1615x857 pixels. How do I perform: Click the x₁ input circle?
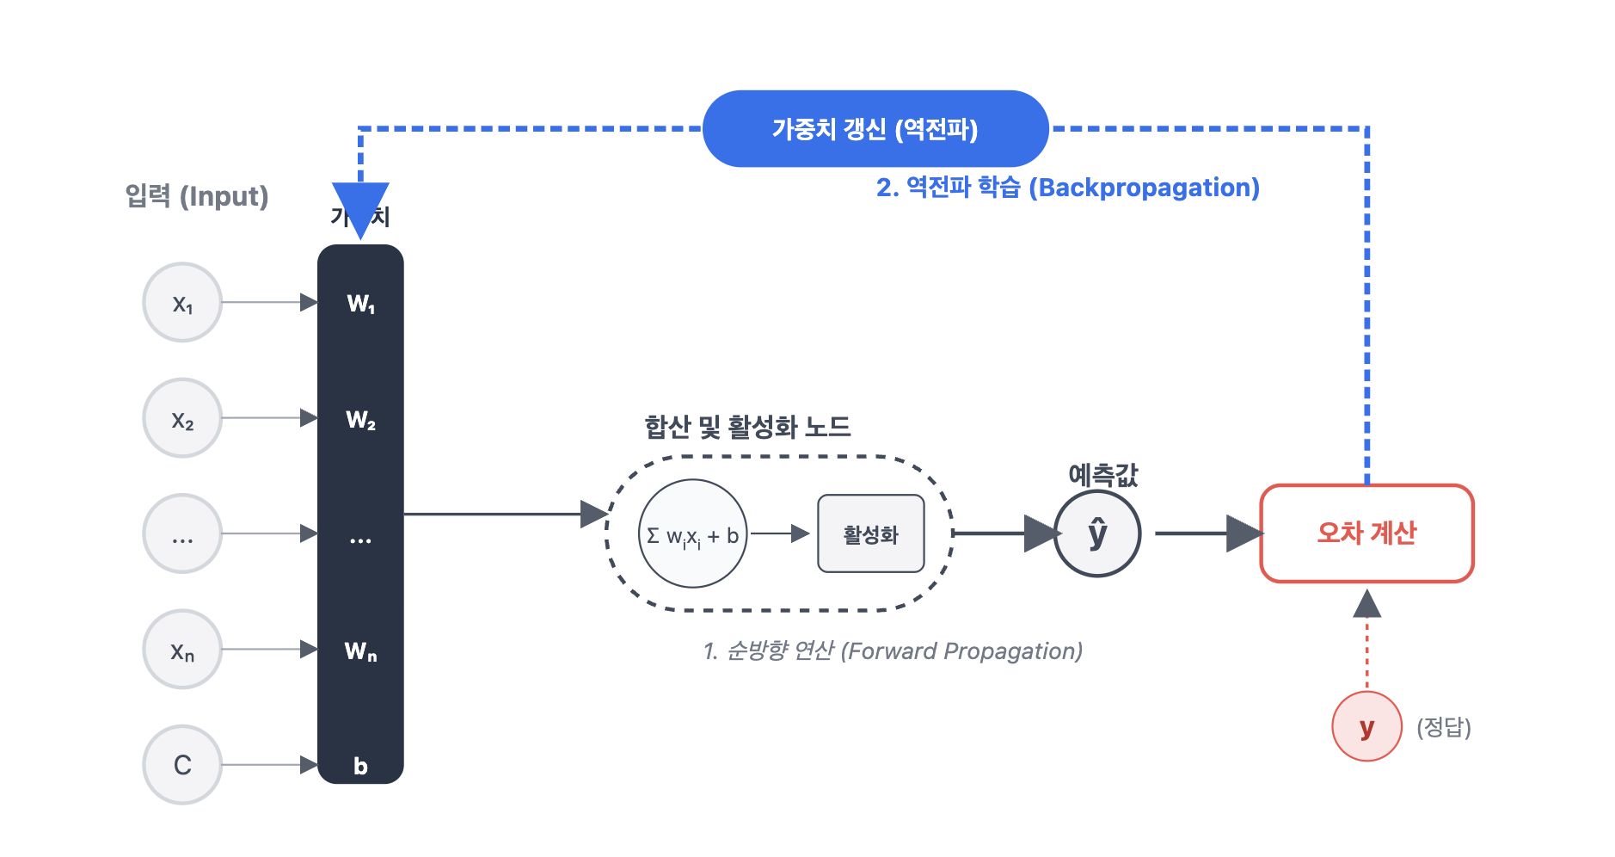pos(182,303)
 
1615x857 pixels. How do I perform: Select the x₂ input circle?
pos(182,418)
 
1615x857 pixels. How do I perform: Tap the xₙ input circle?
pos(182,650)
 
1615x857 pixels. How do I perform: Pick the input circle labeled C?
pos(182,765)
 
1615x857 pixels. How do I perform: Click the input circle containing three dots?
pos(182,533)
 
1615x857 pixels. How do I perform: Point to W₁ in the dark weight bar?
pos(360,304)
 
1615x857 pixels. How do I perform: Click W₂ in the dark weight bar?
pos(360,420)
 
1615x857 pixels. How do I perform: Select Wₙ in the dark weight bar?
pos(360,651)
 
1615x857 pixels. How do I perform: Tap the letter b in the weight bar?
pos(360,766)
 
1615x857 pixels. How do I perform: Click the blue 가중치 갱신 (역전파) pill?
pos(875,129)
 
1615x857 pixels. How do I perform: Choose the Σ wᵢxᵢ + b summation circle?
pos(693,534)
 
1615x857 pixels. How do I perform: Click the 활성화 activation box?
pos(870,534)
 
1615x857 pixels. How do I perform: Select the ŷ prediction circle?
pos(1097,533)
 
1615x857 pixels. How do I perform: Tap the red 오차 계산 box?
pos(1366,533)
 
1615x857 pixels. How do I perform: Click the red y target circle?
pos(1366,727)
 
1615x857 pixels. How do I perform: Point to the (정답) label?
pos(1444,728)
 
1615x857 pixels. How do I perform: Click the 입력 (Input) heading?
pos(197,196)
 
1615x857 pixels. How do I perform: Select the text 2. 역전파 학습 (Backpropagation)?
pos(1067,188)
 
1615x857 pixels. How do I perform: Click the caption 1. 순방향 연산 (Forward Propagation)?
pos(893,651)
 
